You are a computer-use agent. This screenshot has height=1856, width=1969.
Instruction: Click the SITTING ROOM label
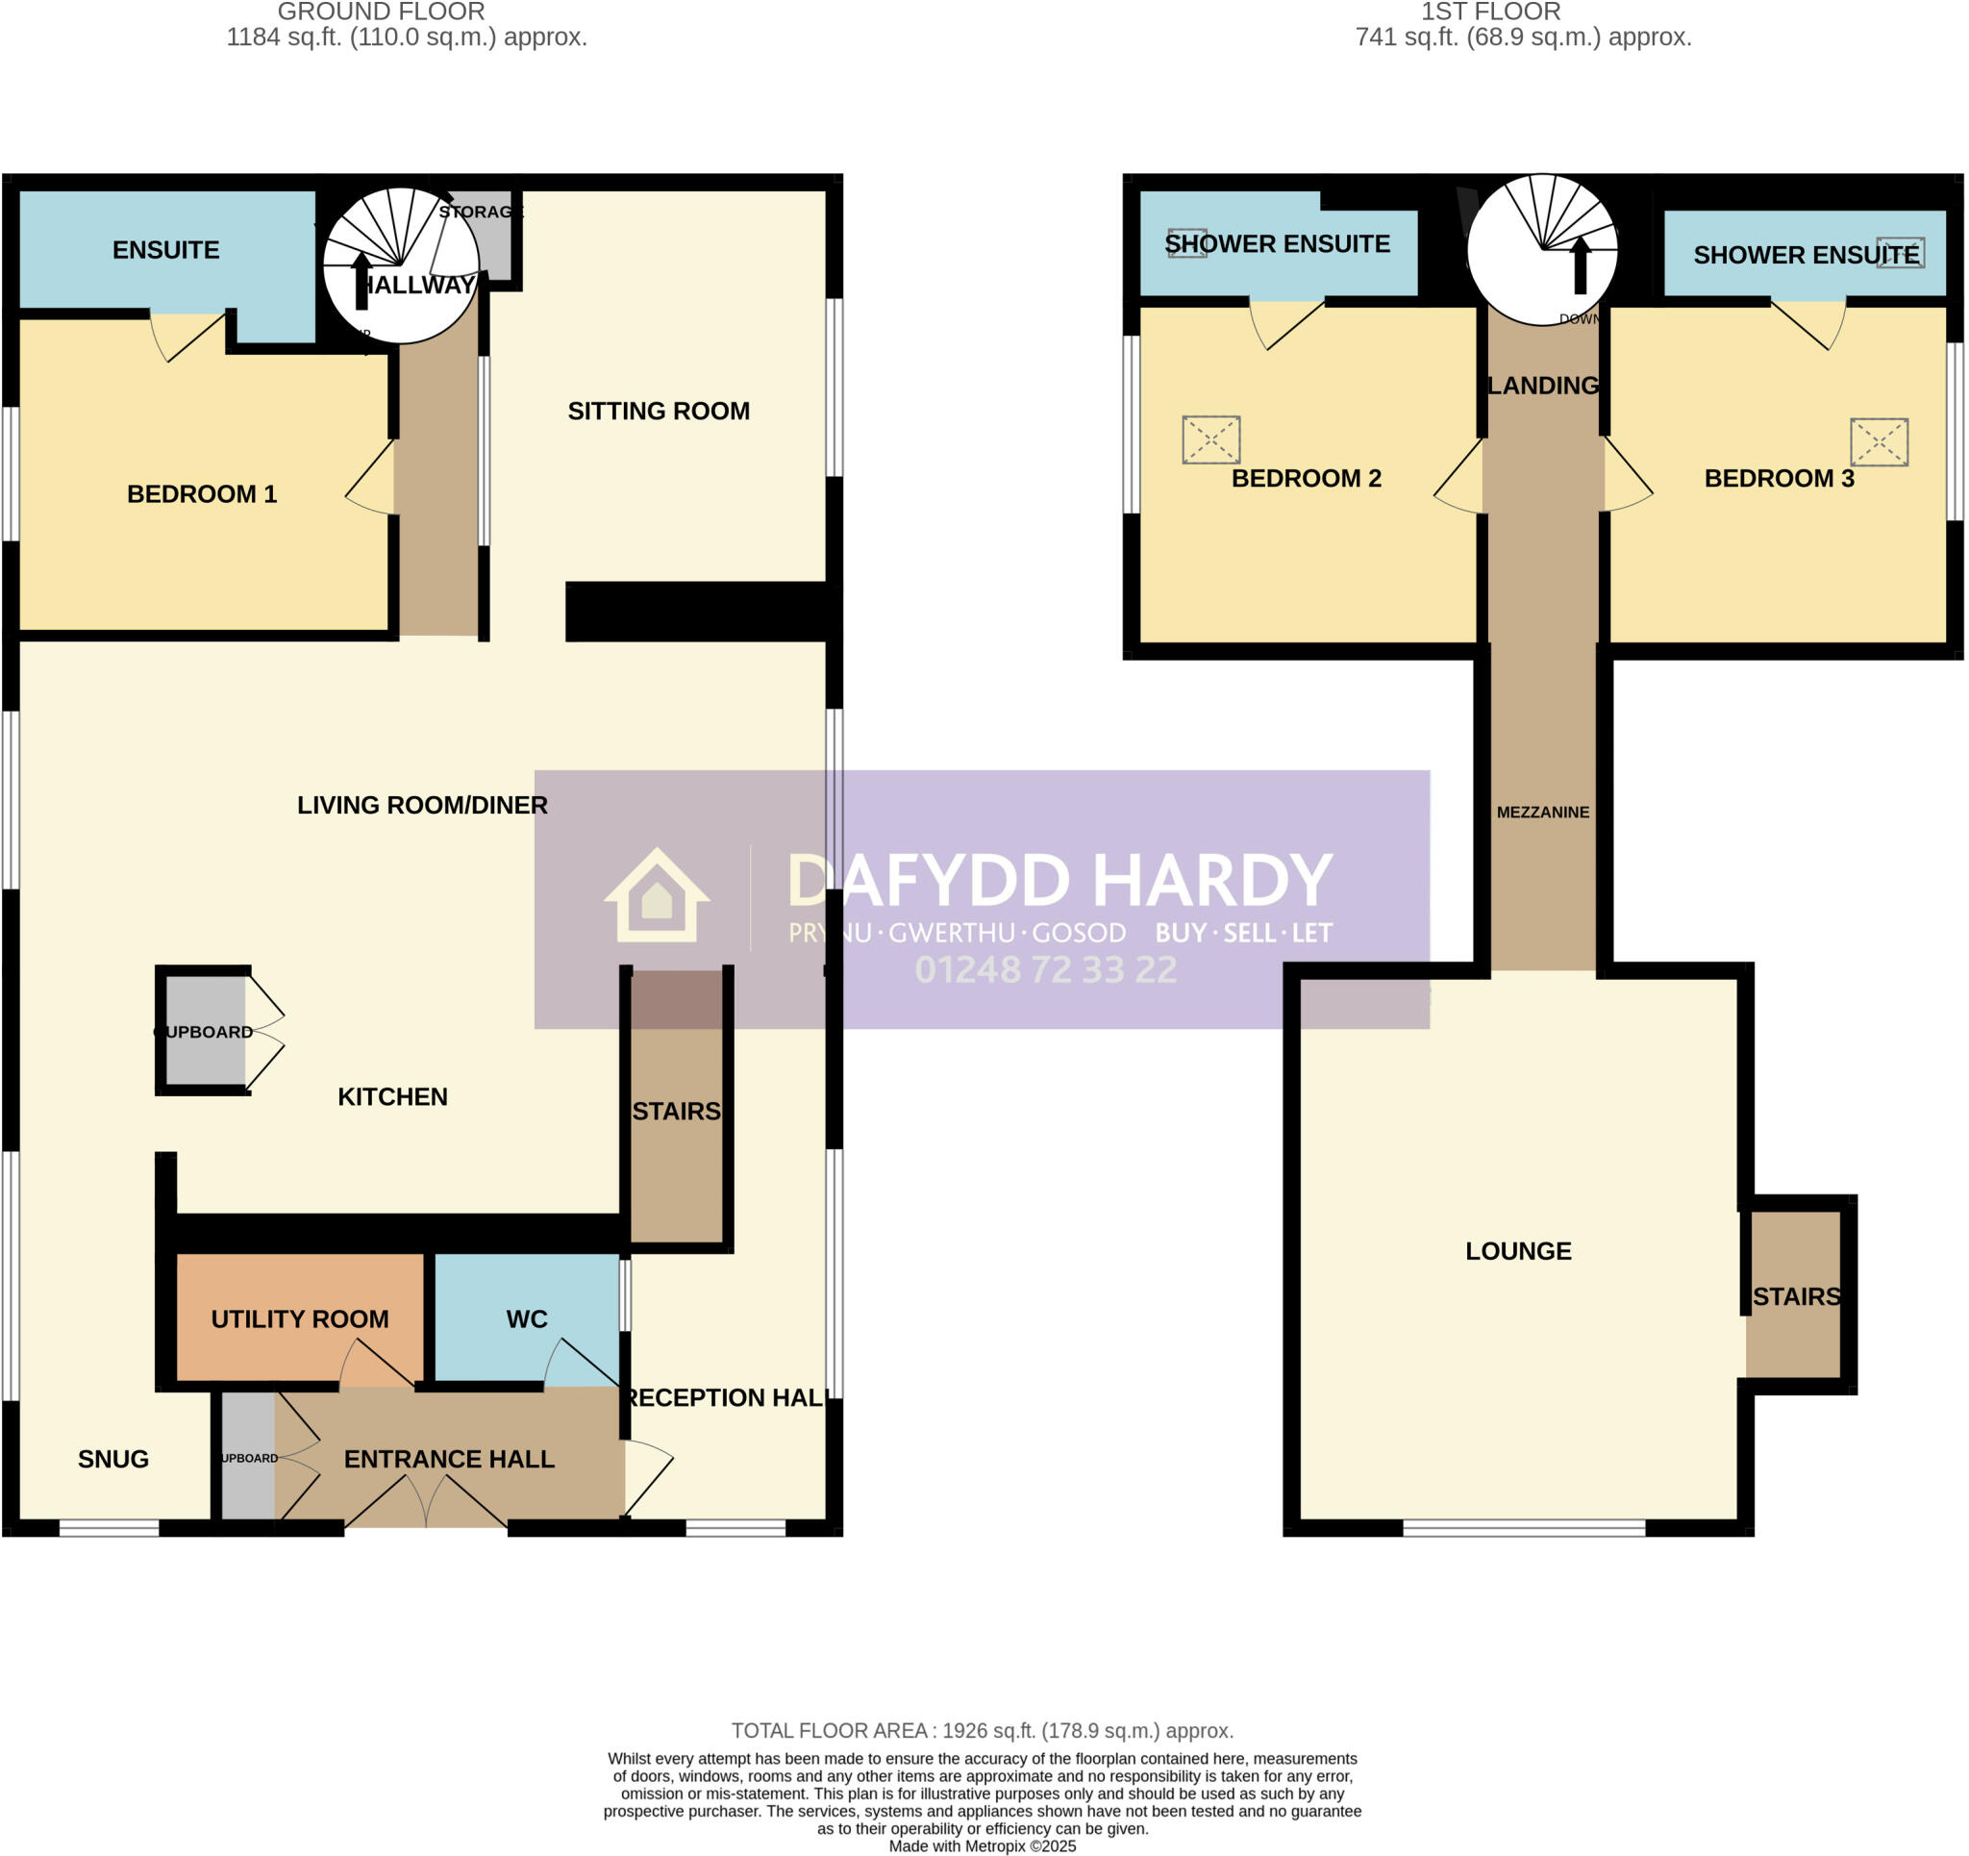point(659,412)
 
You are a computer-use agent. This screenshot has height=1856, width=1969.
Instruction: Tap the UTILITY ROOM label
point(299,1319)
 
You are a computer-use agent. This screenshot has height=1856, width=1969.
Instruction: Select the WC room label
point(526,1319)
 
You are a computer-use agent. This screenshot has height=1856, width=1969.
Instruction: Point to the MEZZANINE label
point(1542,812)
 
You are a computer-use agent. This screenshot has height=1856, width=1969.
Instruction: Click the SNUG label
point(112,1459)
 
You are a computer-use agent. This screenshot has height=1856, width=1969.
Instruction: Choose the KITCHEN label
point(392,1096)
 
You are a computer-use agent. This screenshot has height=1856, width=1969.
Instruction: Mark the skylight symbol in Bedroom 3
point(1878,441)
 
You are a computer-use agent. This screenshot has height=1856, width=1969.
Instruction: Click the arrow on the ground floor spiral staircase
point(361,280)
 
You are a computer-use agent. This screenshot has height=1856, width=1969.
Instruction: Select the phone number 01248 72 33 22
point(1045,969)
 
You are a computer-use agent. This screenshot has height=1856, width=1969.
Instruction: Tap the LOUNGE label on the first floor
point(1517,1250)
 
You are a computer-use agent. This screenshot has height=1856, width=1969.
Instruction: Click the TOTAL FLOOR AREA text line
point(982,1730)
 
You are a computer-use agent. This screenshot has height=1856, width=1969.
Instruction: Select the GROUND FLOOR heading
point(381,12)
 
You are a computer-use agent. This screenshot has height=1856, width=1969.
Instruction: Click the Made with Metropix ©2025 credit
point(982,1846)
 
